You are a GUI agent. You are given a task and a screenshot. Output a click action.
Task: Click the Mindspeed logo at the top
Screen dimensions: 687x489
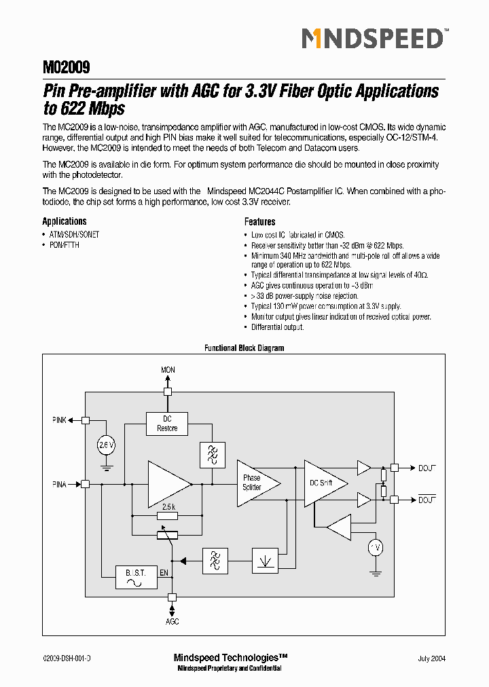[373, 39]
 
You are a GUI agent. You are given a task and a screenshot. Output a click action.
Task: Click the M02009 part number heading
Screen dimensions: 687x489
[67, 68]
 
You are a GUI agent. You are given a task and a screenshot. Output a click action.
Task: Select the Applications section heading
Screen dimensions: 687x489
[65, 221]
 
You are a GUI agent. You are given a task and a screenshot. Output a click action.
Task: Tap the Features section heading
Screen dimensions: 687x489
[259, 221]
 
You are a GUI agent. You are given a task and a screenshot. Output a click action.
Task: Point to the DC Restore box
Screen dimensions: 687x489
[167, 424]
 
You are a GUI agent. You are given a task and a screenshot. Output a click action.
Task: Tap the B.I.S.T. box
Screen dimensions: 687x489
[135, 577]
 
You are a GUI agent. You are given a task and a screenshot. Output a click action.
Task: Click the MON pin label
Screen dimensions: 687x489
[168, 370]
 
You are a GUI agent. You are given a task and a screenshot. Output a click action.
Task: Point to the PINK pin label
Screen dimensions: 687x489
[60, 420]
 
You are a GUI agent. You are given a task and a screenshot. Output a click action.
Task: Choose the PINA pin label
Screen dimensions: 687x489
[60, 484]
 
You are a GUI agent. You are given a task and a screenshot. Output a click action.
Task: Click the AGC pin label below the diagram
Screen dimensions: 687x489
[173, 621]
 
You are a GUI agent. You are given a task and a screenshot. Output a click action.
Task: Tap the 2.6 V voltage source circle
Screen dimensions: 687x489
[106, 445]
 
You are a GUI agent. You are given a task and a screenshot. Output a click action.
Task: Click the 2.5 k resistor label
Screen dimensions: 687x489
[169, 506]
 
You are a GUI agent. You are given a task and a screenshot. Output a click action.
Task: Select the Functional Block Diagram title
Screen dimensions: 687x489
[244, 348]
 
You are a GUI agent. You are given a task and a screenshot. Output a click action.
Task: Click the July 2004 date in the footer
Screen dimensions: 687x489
[431, 658]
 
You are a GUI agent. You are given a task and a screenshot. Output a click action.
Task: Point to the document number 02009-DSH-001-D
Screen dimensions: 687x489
[67, 658]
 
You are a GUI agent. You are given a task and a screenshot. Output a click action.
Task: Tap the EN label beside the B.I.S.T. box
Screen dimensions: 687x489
[164, 574]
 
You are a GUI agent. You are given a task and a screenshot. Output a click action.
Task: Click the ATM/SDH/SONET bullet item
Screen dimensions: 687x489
[73, 234]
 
